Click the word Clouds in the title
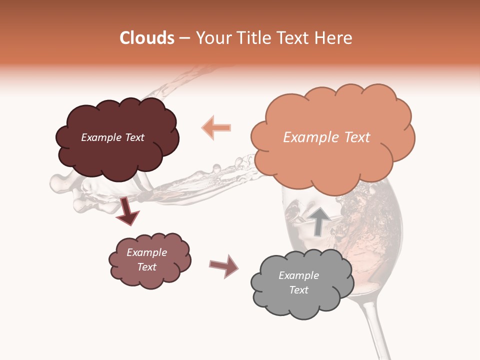coord(147,38)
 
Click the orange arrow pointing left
coord(216,127)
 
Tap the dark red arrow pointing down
coord(127,211)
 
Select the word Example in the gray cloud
coord(298,275)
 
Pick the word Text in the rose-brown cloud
coord(147,267)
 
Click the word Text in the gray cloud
coord(299,290)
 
